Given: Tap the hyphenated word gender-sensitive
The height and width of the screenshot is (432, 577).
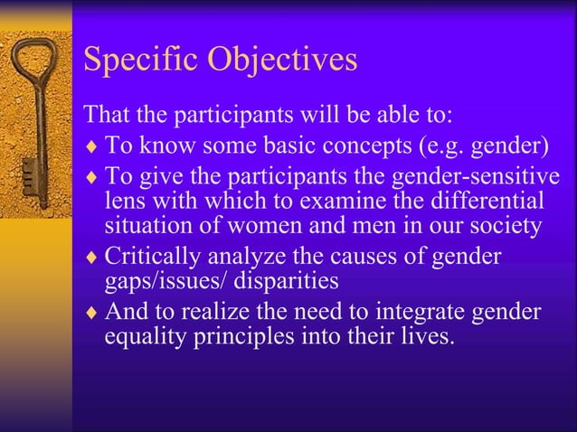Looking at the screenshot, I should [479, 174].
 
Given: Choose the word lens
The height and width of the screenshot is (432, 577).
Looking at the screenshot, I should [123, 201].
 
